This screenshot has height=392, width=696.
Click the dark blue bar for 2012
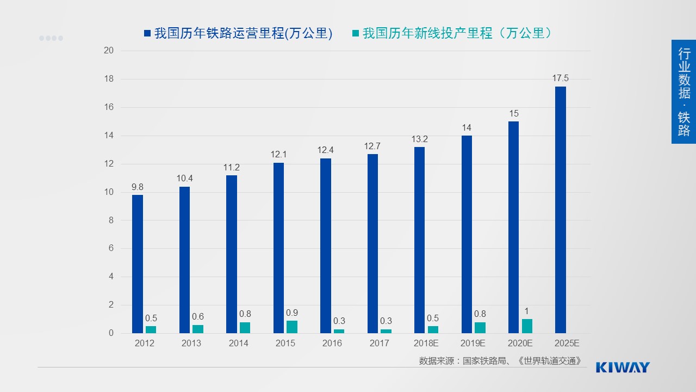[138, 264]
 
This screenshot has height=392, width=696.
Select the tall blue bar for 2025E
[560, 210]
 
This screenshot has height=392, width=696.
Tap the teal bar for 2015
[292, 327]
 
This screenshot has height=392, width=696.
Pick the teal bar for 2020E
[527, 326]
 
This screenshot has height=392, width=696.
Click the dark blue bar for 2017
[372, 244]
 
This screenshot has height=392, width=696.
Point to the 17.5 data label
[560, 78]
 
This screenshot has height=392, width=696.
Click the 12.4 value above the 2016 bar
[325, 150]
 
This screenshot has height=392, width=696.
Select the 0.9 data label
[292, 313]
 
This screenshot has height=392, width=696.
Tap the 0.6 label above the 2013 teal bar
[198, 317]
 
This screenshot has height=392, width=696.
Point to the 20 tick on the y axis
[109, 51]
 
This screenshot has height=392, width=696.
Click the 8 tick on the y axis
[111, 220]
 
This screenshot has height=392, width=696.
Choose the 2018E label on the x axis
[426, 344]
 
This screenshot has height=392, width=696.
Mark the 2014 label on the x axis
[238, 344]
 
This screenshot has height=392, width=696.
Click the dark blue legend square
[147, 34]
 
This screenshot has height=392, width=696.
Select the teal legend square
[356, 34]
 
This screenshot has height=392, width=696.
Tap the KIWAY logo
[623, 367]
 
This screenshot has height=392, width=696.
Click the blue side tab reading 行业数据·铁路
[683, 91]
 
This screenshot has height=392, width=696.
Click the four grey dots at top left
[51, 38]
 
